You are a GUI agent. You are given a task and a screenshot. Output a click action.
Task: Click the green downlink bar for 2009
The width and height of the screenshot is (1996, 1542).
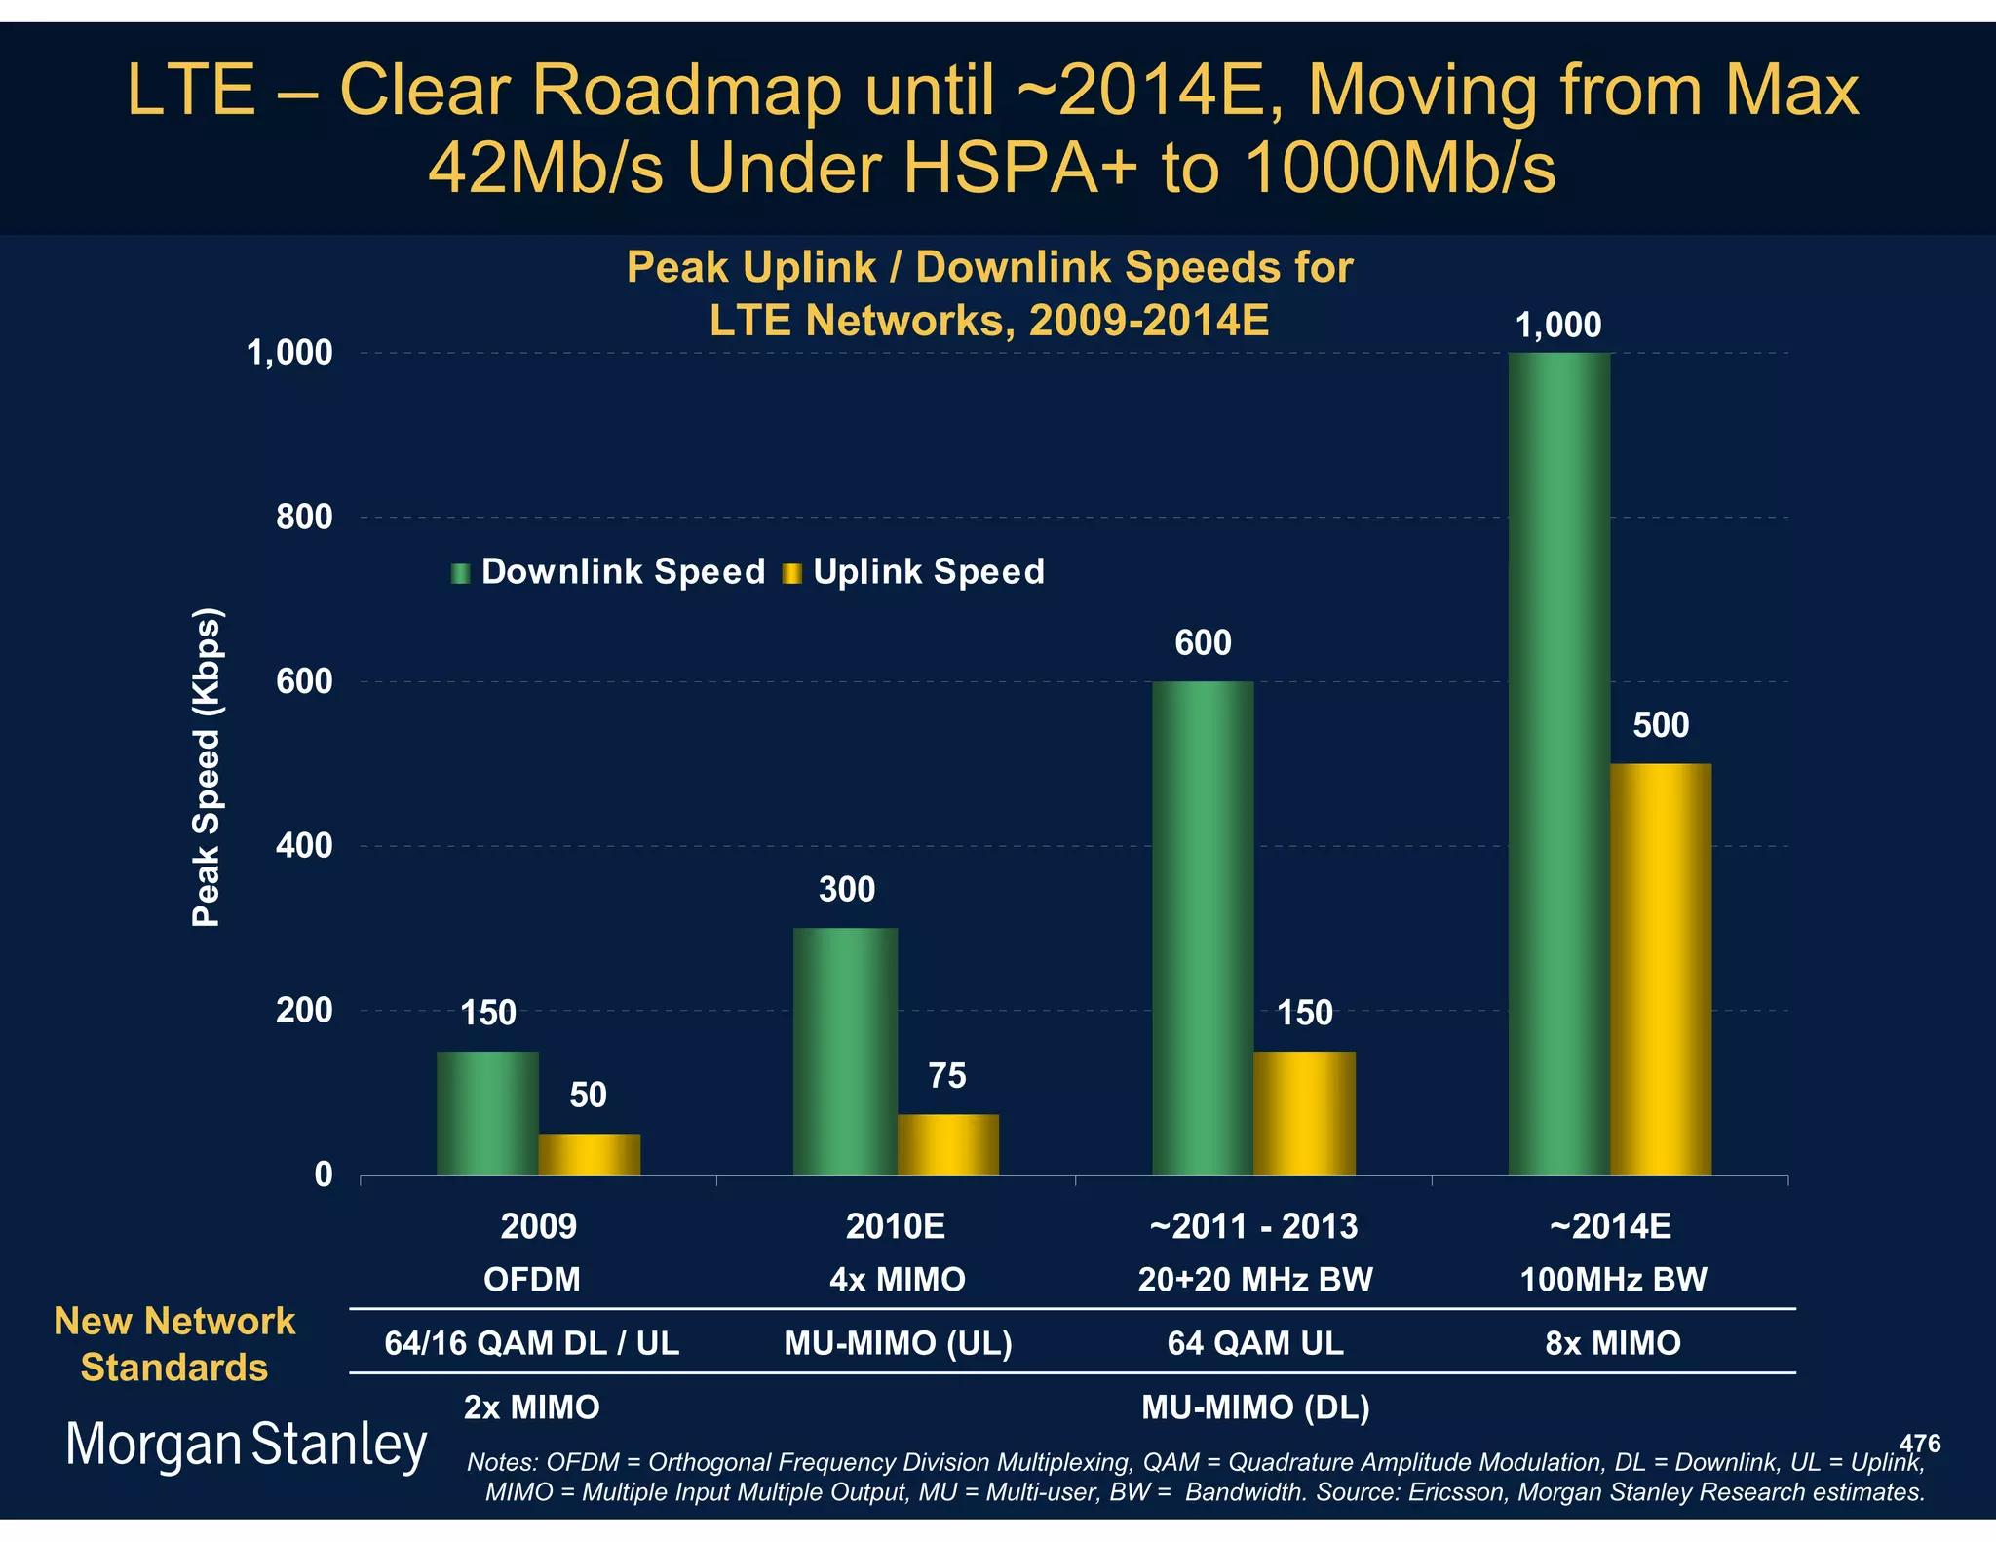pyautogui.click(x=487, y=1113)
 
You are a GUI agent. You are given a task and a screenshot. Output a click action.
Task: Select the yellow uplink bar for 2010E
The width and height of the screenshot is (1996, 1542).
pyautogui.click(x=947, y=1144)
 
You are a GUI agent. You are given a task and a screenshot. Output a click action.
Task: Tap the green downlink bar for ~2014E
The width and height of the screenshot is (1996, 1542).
pyautogui.click(x=1558, y=764)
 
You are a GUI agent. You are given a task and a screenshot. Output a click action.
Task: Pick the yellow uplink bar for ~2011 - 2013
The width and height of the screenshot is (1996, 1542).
pyautogui.click(x=1304, y=1113)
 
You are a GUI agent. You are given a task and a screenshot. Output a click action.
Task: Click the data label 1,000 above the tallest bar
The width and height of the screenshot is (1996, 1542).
pyautogui.click(x=1557, y=325)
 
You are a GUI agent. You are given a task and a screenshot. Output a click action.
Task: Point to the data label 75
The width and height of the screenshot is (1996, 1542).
pyautogui.click(x=946, y=1076)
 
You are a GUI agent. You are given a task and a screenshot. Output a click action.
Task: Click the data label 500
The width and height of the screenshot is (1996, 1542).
pyautogui.click(x=1661, y=725)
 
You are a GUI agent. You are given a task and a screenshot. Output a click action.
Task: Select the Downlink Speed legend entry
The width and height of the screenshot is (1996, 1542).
pyautogui.click(x=609, y=572)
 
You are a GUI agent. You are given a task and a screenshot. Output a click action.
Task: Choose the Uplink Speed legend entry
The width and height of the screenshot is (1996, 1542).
pyautogui.click(x=914, y=572)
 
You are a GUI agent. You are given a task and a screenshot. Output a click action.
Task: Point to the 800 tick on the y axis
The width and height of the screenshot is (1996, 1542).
pyautogui.click(x=304, y=517)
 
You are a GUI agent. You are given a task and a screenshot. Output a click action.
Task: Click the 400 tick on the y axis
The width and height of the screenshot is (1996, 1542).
pyautogui.click(x=304, y=846)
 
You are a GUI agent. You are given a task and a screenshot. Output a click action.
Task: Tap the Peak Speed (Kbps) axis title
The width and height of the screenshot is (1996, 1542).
pyautogui.click(x=207, y=767)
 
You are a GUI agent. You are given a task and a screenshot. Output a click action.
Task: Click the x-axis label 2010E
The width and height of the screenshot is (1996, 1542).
pyautogui.click(x=895, y=1226)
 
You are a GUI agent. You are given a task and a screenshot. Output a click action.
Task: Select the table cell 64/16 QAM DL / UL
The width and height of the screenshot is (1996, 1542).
pyautogui.click(x=531, y=1343)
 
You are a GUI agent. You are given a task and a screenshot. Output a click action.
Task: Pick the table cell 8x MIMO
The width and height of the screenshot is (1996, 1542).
pyautogui.click(x=1613, y=1343)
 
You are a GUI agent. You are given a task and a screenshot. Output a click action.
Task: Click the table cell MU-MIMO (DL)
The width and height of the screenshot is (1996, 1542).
pyautogui.click(x=1255, y=1407)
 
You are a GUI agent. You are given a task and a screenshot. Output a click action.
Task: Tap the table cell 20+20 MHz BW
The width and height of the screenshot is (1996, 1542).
pyautogui.click(x=1255, y=1279)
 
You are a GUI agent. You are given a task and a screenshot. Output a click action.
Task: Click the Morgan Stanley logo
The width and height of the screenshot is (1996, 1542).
pyautogui.click(x=246, y=1445)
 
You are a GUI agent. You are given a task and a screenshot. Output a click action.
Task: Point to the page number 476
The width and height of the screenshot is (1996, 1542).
pyautogui.click(x=1919, y=1444)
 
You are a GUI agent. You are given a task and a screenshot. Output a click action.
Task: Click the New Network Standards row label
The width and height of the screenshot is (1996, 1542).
pyautogui.click(x=174, y=1344)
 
